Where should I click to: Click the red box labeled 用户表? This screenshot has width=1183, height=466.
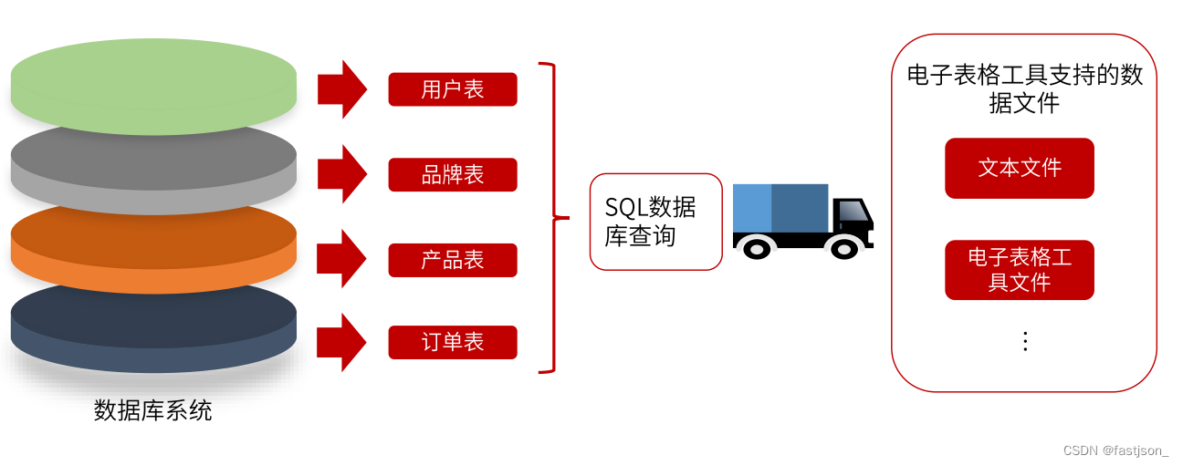point(453,89)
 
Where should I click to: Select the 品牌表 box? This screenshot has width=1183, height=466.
point(453,174)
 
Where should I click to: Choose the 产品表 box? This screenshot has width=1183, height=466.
point(453,260)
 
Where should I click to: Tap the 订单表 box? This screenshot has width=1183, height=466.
point(453,342)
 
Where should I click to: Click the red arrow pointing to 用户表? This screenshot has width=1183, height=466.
point(340,89)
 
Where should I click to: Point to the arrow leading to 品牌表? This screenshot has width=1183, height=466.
point(340,173)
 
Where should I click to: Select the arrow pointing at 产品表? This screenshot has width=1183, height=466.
point(340,259)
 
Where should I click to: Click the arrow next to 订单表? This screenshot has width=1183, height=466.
point(340,342)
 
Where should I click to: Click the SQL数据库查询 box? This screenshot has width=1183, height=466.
point(655,222)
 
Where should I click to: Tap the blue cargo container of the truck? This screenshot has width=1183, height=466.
point(780,208)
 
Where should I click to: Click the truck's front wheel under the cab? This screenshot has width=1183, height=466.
point(843,247)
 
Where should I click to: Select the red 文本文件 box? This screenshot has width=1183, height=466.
point(1020,168)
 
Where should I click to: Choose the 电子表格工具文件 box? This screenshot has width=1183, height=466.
point(1020,270)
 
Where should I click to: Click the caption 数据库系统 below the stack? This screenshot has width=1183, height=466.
point(153,410)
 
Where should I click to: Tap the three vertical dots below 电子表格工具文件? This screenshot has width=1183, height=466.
point(1025,341)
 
